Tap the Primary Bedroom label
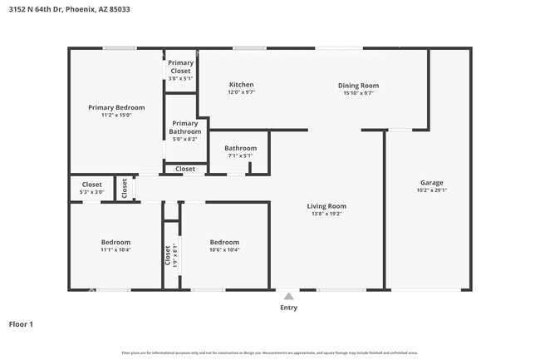[x=116, y=107]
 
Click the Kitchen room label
[x=241, y=85]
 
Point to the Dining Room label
[x=358, y=85]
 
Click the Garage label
[x=431, y=182]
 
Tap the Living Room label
[x=326, y=205]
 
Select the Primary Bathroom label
[x=185, y=127]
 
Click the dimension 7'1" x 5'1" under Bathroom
[x=240, y=155]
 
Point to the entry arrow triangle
[x=288, y=296]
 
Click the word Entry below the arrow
[x=288, y=308]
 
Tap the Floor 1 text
[x=21, y=324]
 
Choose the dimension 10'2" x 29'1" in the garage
[x=431, y=190]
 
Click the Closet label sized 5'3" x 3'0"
[x=91, y=185]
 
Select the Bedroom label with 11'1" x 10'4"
[x=116, y=242]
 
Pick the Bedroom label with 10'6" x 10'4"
[x=224, y=242]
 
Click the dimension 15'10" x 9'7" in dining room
[x=358, y=93]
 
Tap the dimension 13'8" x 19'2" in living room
[x=326, y=214]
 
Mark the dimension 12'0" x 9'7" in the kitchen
[x=241, y=93]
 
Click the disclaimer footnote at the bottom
[x=270, y=353]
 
